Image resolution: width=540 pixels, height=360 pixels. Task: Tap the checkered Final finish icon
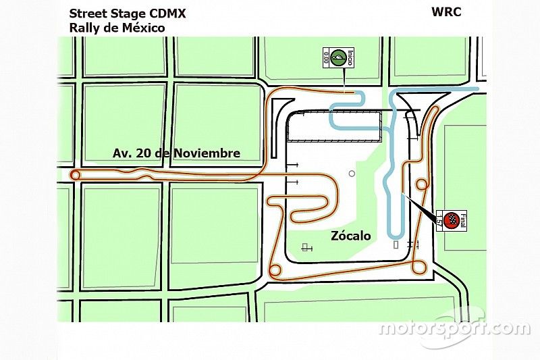coord(453,219)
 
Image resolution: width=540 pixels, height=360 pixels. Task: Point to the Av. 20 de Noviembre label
coord(176,153)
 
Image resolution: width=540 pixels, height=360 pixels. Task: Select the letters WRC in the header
coord(446,12)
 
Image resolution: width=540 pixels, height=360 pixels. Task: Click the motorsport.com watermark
coord(454,329)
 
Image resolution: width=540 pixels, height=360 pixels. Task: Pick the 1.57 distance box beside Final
coord(440,220)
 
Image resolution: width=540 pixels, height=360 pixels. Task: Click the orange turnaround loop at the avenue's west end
coord(76,176)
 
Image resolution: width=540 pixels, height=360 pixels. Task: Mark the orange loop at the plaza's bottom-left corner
coord(275,270)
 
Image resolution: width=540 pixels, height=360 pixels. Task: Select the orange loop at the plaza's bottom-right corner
coord(419,267)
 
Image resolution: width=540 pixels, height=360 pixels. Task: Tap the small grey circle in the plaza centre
coord(352,174)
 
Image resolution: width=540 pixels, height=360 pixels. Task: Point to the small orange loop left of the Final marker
coord(422,184)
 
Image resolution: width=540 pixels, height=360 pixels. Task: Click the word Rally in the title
coord(83,28)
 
